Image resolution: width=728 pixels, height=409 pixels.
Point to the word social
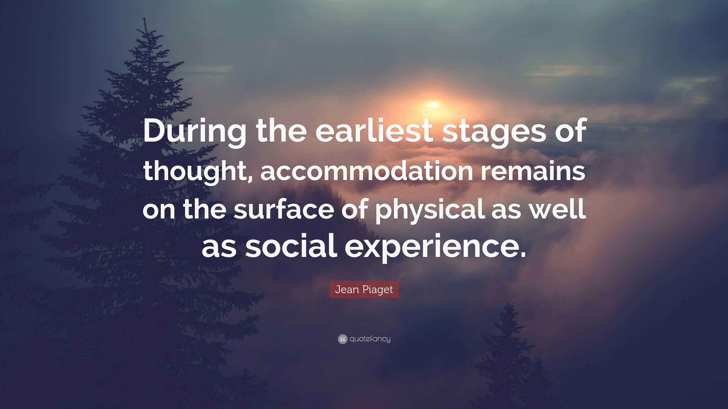[291, 247]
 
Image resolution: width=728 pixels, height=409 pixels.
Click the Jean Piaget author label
[364, 290]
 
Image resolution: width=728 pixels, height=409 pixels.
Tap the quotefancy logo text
[370, 339]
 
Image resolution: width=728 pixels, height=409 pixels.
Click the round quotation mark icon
[342, 339]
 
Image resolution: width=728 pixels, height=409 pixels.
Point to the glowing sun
[434, 105]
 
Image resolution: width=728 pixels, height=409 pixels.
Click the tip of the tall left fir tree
[145, 20]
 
